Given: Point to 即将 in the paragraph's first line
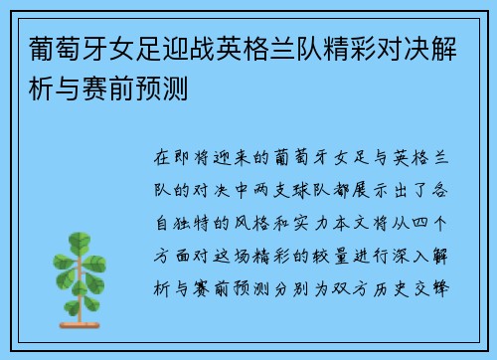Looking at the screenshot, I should pos(195,157).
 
